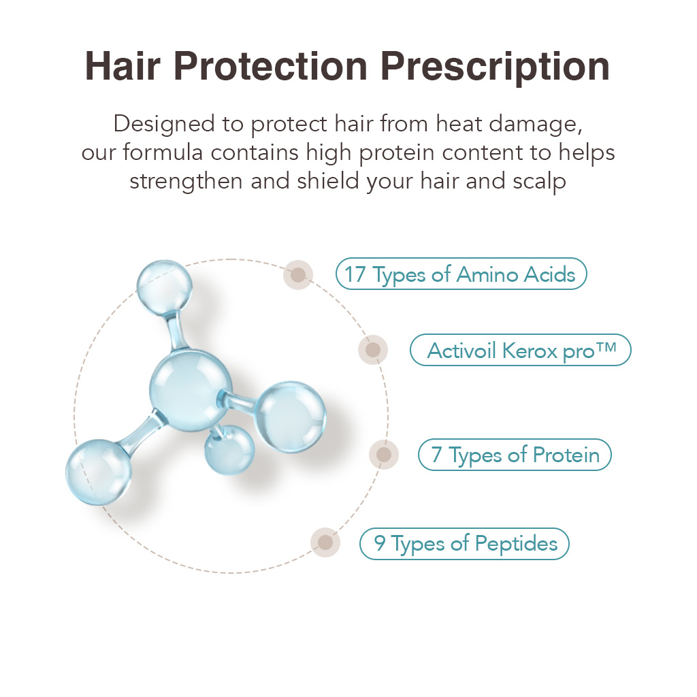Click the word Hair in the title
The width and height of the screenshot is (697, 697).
(123, 66)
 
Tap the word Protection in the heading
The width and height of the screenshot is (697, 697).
(270, 66)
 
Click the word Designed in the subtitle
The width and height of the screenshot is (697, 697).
(164, 124)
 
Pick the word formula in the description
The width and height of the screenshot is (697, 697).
(163, 152)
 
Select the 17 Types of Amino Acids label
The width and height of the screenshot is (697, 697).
(461, 274)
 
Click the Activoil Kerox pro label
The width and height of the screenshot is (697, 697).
(521, 351)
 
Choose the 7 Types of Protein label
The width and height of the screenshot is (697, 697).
(515, 455)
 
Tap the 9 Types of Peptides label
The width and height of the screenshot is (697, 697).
(464, 544)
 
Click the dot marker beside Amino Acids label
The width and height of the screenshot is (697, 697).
(298, 275)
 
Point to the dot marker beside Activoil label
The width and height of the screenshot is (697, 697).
(373, 350)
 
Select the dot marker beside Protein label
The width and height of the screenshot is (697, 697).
(384, 454)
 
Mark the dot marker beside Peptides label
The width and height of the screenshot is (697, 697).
(325, 542)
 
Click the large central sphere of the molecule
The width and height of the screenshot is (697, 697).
(191, 390)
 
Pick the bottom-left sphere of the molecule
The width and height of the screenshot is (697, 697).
(99, 472)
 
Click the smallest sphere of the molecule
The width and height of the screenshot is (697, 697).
(229, 449)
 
